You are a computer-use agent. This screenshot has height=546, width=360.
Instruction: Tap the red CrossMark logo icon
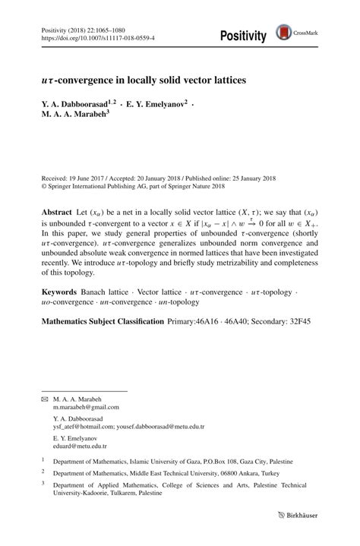tap(284, 32)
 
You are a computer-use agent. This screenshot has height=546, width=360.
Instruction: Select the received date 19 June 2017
tap(85, 175)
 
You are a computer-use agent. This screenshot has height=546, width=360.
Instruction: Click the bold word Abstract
tap(57, 209)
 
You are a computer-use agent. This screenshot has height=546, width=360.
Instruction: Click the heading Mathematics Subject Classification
tap(102, 321)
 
